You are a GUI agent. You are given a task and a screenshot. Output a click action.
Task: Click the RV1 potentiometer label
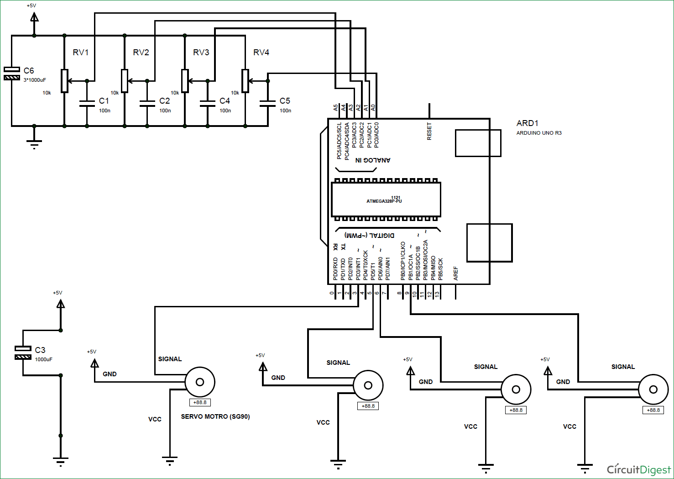[x=81, y=53]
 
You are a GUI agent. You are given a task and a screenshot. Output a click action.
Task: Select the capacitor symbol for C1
[x=87, y=103]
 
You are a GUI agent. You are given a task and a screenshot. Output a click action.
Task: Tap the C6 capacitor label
[x=29, y=71]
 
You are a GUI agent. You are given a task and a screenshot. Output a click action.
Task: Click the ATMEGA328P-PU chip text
[x=384, y=201]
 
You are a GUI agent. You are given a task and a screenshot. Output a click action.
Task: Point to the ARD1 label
[x=527, y=123]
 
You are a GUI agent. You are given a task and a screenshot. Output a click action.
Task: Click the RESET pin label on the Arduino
[x=429, y=131]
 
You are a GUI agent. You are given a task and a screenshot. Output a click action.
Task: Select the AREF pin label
[x=455, y=273]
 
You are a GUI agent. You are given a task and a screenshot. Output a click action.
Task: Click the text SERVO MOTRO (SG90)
[x=215, y=416]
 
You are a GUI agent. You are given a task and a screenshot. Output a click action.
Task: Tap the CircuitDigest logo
[x=638, y=469]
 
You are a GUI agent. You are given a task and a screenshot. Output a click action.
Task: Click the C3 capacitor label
[x=40, y=350]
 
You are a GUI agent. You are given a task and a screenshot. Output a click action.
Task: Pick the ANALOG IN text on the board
[x=373, y=160]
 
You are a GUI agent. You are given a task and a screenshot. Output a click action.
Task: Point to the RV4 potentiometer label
[x=261, y=53]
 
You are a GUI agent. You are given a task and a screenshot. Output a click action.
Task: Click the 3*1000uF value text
[x=35, y=80]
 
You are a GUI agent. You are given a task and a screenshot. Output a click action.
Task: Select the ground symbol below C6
[x=34, y=143]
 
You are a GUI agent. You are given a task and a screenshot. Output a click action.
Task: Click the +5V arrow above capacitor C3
[x=60, y=303]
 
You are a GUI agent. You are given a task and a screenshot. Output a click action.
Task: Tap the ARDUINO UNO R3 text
[x=539, y=133]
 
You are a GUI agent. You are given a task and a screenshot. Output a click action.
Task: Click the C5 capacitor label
[x=285, y=101]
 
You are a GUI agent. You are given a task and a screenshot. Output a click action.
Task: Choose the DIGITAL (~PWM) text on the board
[x=369, y=235]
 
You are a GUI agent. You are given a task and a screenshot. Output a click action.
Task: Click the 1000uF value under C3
[x=43, y=359]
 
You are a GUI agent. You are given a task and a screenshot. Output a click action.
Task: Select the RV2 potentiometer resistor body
[x=125, y=81]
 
